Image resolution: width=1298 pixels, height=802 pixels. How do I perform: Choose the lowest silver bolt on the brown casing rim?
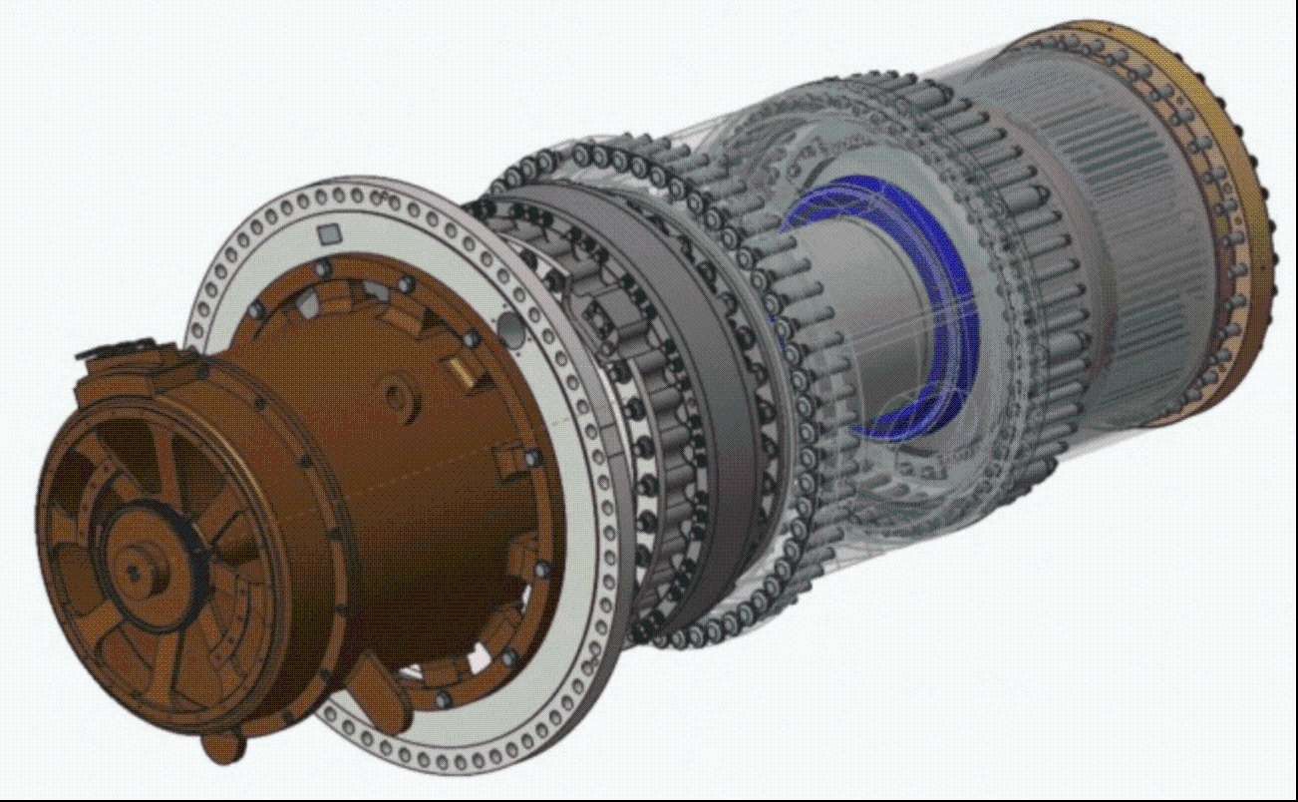click(511, 658)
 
